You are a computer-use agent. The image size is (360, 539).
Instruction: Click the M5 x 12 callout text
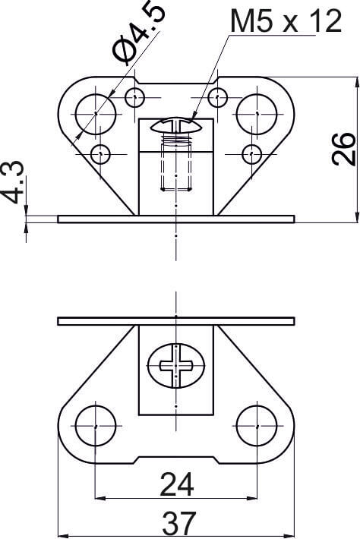[x=286, y=21]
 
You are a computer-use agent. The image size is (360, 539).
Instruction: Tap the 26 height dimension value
[x=343, y=149]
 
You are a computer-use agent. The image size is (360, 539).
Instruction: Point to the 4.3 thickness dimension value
[x=14, y=182]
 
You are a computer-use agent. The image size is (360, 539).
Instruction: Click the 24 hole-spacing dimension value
[x=177, y=484]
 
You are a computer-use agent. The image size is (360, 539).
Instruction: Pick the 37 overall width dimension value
[x=179, y=523]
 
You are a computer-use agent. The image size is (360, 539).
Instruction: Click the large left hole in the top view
[x=96, y=114]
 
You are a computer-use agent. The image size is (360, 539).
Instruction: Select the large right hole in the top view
[x=257, y=114]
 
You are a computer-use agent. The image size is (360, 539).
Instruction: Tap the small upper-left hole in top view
[x=134, y=98]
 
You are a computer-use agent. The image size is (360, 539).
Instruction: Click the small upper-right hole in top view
[x=218, y=98]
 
